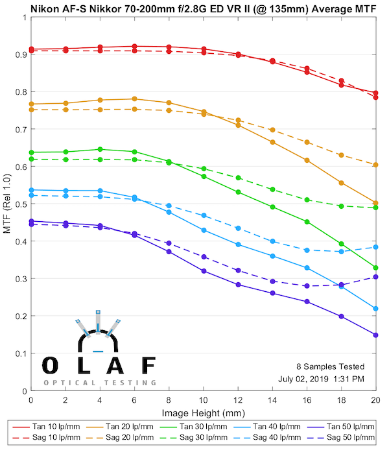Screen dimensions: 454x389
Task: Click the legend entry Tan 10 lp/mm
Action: click(58, 426)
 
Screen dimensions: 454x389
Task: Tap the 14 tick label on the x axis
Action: click(272, 402)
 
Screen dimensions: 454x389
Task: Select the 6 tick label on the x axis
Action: click(134, 402)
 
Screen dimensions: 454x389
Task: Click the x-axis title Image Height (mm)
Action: click(203, 413)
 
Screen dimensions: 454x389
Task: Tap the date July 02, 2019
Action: click(303, 379)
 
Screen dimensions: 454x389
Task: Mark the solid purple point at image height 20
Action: click(375, 335)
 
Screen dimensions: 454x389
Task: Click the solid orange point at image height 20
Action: click(375, 203)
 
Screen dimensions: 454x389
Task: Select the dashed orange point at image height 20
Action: click(375, 165)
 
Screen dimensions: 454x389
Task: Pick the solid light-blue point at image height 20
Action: click(375, 308)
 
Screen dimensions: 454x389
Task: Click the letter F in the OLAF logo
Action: click(148, 366)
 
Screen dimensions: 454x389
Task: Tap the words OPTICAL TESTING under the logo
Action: click(100, 383)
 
